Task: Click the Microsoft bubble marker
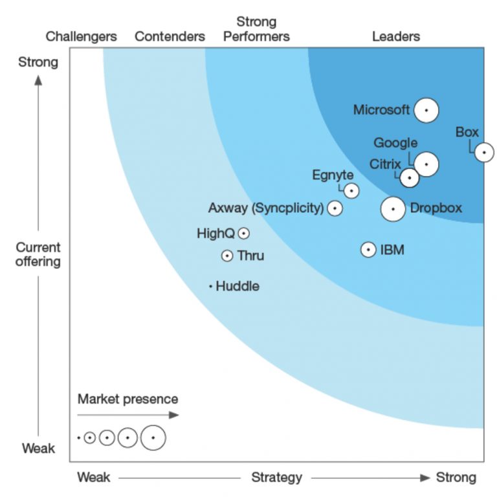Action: pyautogui.click(x=426, y=111)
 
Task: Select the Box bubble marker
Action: pyautogui.click(x=484, y=153)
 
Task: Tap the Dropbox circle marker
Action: pyautogui.click(x=393, y=209)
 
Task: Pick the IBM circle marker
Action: pyautogui.click(x=368, y=250)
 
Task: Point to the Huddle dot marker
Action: pyautogui.click(x=211, y=286)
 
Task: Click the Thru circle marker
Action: pyautogui.click(x=227, y=256)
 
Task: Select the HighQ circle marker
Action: pyautogui.click(x=243, y=234)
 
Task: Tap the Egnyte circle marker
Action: pyautogui.click(x=351, y=191)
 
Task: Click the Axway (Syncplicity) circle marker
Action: pyautogui.click(x=335, y=208)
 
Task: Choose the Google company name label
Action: pyautogui.click(x=395, y=143)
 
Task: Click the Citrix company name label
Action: pyautogui.click(x=385, y=164)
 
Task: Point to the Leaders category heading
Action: pyautogui.click(x=395, y=36)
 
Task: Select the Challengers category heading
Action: pyautogui.click(x=82, y=36)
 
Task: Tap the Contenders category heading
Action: pyautogui.click(x=170, y=36)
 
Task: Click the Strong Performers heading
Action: pyautogui.click(x=256, y=29)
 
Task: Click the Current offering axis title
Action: pyautogui.click(x=38, y=254)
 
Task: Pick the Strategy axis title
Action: pyautogui.click(x=276, y=478)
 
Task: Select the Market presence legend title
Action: pyautogui.click(x=127, y=399)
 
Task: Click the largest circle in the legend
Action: pyautogui.click(x=153, y=438)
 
